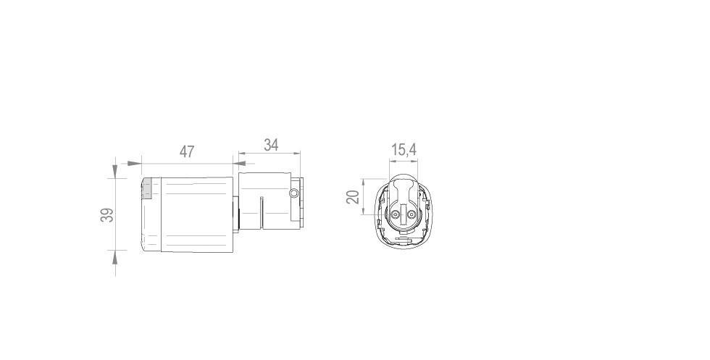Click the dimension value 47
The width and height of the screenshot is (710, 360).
[x=187, y=152]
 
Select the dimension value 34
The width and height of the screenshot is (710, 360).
[x=271, y=145]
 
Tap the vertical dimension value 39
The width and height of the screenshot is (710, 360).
[x=107, y=215]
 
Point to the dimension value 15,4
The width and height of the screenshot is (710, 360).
[x=404, y=150]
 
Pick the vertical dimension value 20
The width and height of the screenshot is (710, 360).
[x=353, y=196]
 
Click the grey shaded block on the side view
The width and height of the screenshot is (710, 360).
[x=146, y=189]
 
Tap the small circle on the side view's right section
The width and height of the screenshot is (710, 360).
[x=293, y=193]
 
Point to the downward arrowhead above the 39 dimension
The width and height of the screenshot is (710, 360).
[x=115, y=172]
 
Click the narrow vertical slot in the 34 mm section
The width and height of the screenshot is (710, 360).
[x=261, y=213]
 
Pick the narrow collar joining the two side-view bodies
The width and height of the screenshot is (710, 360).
[x=235, y=215]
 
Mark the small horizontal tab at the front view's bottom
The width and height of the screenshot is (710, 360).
[x=403, y=239]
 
